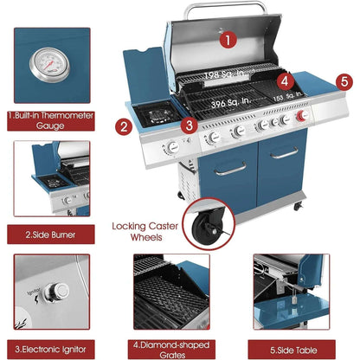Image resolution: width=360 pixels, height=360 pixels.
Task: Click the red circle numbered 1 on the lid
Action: point(228,39)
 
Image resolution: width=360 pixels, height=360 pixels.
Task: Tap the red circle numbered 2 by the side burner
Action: point(124,127)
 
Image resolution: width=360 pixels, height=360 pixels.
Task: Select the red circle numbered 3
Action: point(188,125)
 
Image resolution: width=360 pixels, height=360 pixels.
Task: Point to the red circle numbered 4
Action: point(283,81)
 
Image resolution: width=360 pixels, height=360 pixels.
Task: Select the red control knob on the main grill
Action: point(303,118)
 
